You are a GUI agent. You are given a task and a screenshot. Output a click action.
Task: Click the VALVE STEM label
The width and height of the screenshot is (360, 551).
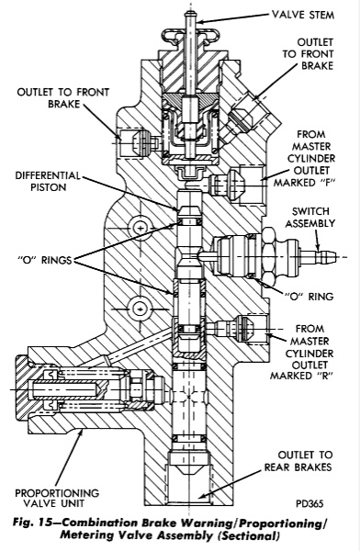tap(303, 15)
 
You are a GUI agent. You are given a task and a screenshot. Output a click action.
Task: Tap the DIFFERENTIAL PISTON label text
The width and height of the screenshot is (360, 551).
tap(48, 181)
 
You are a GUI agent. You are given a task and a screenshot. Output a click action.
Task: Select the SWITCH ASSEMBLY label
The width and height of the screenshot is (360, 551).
tap(309, 217)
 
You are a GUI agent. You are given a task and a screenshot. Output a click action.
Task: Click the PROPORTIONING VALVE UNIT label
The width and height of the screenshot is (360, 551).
tap(57, 498)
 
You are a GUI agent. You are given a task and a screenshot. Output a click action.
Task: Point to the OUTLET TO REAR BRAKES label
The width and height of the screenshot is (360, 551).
tap(298, 461)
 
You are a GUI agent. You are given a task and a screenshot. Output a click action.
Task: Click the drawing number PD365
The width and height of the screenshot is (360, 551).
tap(309, 503)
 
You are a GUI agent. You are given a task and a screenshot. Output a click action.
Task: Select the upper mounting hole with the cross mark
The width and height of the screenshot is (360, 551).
tap(141, 228)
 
